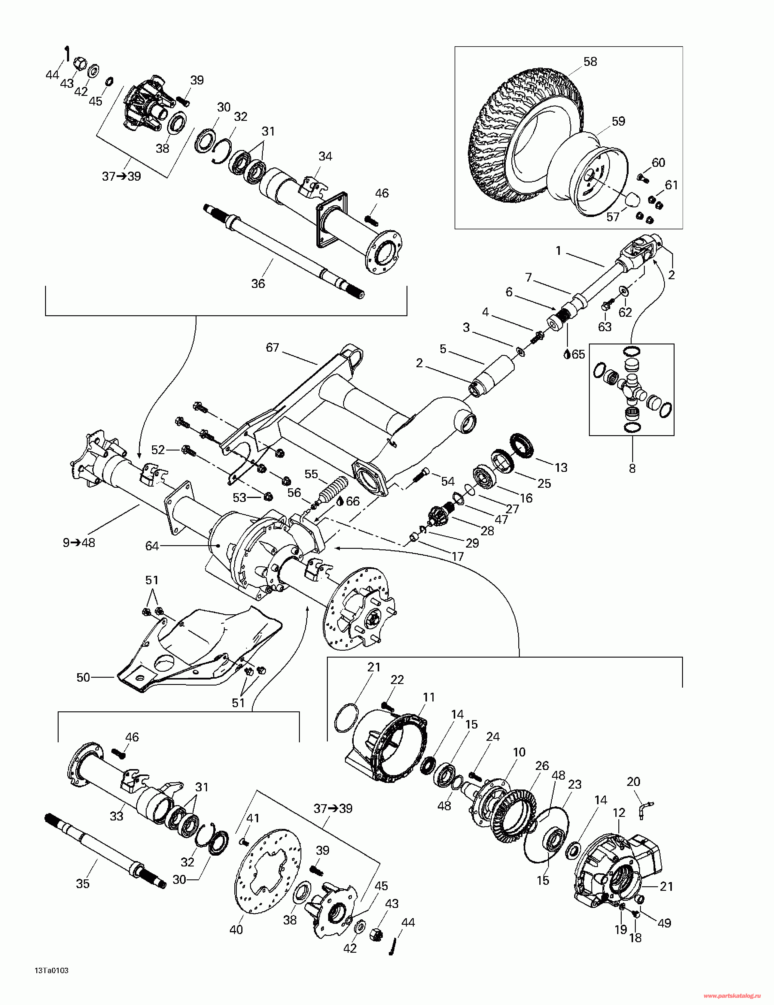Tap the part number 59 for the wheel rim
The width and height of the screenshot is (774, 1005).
click(618, 121)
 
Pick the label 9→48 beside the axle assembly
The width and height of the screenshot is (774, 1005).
click(79, 543)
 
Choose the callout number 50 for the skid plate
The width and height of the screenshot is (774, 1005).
click(83, 677)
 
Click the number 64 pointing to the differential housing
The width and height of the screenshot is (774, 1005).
click(152, 546)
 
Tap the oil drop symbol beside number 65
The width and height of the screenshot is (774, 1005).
click(567, 354)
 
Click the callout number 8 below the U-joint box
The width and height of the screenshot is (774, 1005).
click(632, 469)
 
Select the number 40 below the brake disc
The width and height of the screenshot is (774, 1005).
click(236, 930)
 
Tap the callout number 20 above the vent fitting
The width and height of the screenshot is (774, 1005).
click(634, 781)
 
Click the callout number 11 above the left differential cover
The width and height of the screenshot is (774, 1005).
click(429, 698)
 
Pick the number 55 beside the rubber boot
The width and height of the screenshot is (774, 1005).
click(312, 474)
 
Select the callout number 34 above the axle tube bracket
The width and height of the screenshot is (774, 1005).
click(325, 157)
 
